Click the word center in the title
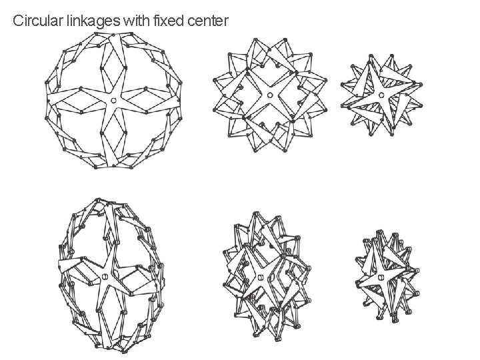(208, 21)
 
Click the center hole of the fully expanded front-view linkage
(113, 100)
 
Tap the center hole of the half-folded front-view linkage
(269, 95)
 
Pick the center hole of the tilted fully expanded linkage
(105, 277)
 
